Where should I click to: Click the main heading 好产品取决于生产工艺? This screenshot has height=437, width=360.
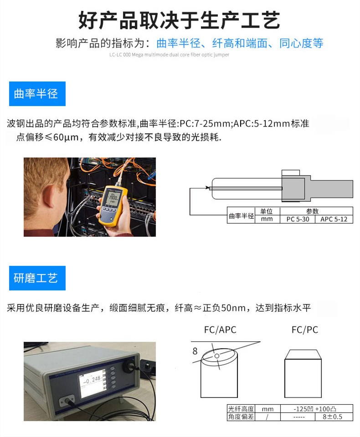pyautogui.click(x=179, y=20)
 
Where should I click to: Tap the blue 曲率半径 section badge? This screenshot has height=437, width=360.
pyautogui.click(x=37, y=94)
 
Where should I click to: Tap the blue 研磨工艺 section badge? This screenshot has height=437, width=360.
pyautogui.click(x=37, y=278)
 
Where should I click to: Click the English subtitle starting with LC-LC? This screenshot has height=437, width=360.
pyautogui.click(x=169, y=55)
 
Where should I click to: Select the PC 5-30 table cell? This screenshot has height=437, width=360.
pyautogui.click(x=297, y=219)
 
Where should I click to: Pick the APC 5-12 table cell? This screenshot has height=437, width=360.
pyautogui.click(x=334, y=219)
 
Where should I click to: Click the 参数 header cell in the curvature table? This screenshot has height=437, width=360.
pyautogui.click(x=313, y=211)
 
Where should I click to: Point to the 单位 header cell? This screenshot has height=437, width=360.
pyautogui.click(x=267, y=211)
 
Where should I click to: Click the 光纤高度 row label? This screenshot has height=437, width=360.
pyautogui.click(x=241, y=409)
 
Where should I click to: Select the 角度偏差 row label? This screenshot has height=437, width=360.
pyautogui.click(x=241, y=417)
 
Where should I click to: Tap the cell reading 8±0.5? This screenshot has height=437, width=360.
pyautogui.click(x=332, y=417)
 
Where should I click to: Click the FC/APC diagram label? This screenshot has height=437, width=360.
pyautogui.click(x=220, y=330)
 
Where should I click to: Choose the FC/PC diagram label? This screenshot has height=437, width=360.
pyautogui.click(x=305, y=330)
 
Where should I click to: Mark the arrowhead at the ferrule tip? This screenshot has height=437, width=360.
pyautogui.click(x=207, y=188)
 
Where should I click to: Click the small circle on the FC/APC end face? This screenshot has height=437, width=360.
pyautogui.click(x=217, y=355)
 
